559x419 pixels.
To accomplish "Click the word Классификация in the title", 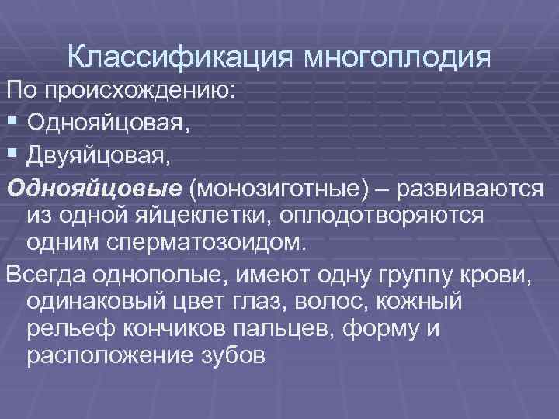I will [x=180, y=57].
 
